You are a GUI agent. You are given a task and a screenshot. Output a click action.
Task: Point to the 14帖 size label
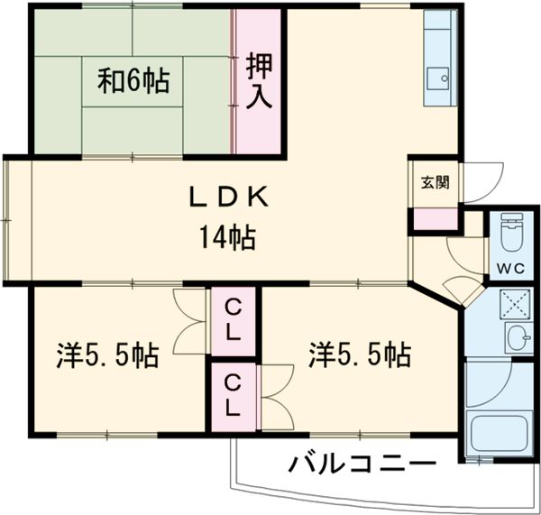point(227,239)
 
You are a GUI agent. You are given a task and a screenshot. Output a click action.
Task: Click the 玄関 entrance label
point(432,181)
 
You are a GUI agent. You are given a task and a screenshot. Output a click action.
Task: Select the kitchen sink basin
point(440,78)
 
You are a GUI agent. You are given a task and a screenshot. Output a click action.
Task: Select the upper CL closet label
point(234,320)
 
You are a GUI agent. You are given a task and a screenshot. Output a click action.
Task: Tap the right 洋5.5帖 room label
point(359,354)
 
